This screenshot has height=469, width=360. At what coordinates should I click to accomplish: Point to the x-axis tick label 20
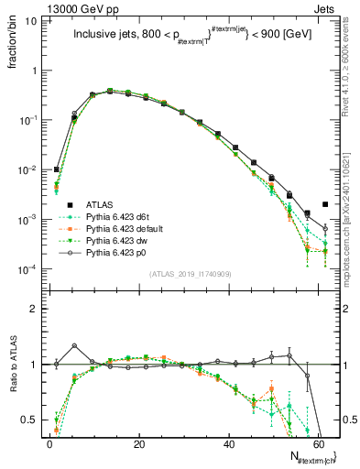coord(139,443)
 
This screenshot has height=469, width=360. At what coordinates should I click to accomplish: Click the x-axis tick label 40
coord(229,443)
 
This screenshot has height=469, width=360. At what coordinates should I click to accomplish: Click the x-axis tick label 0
coord(49,443)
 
